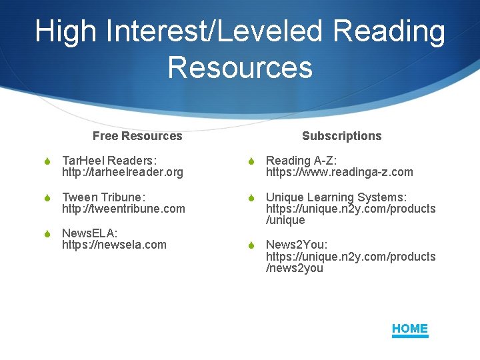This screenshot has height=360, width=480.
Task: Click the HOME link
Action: click(410, 329)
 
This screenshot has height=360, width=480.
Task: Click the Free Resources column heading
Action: click(137, 136)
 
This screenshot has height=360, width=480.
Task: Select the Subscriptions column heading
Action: click(341, 136)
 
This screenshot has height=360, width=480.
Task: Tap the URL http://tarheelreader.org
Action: click(122, 173)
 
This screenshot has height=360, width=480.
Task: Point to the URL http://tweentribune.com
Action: click(123, 209)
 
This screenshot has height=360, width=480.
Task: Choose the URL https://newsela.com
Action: click(114, 245)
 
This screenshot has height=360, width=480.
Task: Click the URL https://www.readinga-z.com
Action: click(339, 173)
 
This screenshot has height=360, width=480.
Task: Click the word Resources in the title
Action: click(240, 67)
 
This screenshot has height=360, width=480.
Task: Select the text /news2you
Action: click(295, 269)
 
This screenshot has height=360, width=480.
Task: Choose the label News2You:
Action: click(297, 245)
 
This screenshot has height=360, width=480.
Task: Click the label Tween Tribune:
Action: click(103, 197)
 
